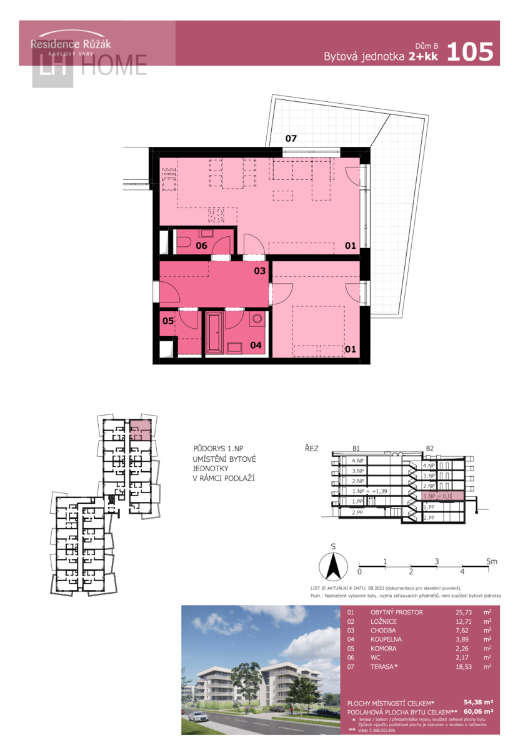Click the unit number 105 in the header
[x=471, y=51]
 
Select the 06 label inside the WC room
[x=201, y=246]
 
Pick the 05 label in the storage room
[x=168, y=321]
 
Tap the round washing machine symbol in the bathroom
[x=257, y=319]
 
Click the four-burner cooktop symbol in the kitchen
[x=217, y=216]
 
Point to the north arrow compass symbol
[x=334, y=566]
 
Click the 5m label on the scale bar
[x=491, y=562]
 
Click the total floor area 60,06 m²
[x=479, y=711]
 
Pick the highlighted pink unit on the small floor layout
[x=141, y=430]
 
